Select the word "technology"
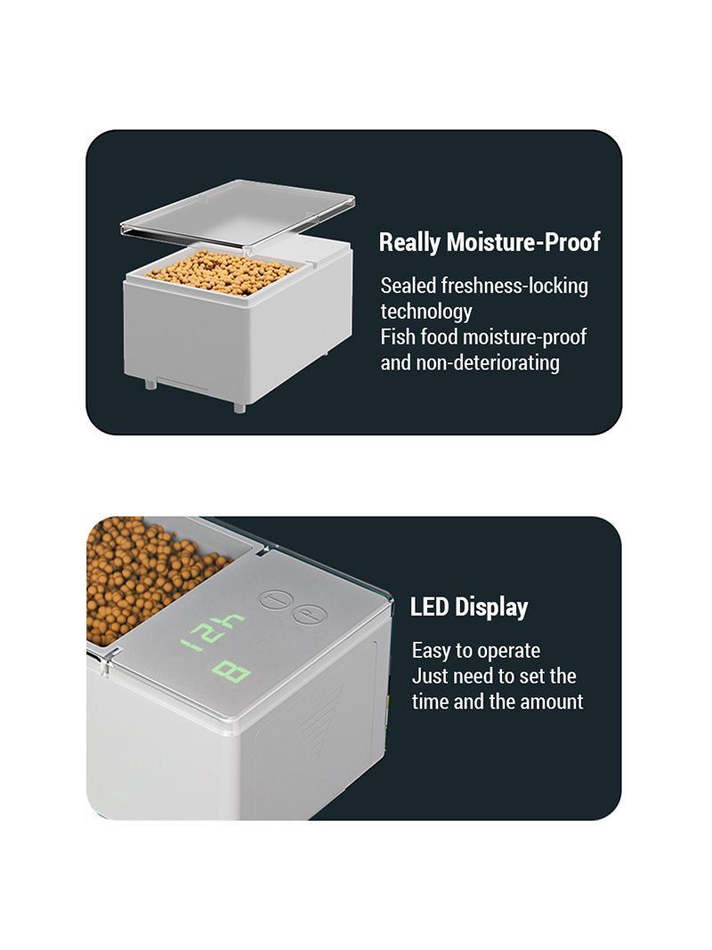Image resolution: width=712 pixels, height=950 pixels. coord(426,312)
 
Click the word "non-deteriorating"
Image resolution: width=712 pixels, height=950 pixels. coord(488,363)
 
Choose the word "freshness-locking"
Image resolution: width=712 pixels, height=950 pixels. coord(514,286)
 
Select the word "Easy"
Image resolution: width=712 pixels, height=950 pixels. coord(432,652)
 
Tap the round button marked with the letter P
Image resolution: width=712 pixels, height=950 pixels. coord(310,615)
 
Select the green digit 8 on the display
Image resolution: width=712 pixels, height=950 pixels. coord(231,672)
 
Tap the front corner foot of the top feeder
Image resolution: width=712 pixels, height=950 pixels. coord(239,408)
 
